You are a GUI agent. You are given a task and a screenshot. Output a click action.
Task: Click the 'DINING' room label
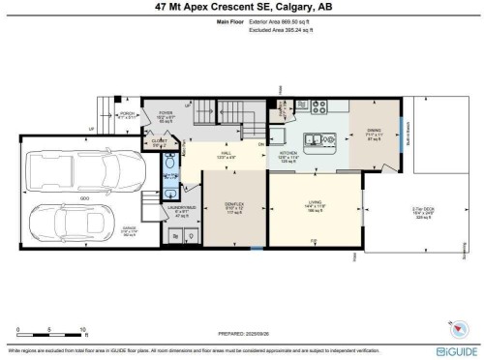[x=374, y=132]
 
